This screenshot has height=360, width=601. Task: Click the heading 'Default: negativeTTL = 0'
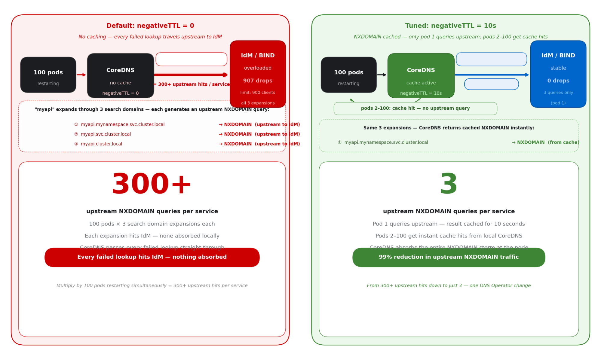pyautogui.click(x=150, y=26)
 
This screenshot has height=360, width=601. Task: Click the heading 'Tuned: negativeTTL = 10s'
pyautogui.click(x=450, y=26)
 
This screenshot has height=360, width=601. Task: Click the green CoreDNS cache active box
pyautogui.click(x=421, y=75)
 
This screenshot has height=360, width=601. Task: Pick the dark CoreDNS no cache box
pyautogui.click(x=120, y=75)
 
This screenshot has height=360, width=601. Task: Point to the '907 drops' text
pyautogui.click(x=258, y=81)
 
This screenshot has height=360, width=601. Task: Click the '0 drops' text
pyautogui.click(x=558, y=81)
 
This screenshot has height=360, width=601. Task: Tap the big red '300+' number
pyautogui.click(x=151, y=184)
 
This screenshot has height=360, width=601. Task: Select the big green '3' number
pyautogui.click(x=448, y=184)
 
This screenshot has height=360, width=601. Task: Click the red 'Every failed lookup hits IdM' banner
pyautogui.click(x=152, y=257)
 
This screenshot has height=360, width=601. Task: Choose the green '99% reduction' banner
pyautogui.click(x=449, y=257)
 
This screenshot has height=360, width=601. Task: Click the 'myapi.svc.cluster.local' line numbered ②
pyautogui.click(x=106, y=134)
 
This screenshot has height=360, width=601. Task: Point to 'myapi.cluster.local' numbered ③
pyautogui.click(x=101, y=144)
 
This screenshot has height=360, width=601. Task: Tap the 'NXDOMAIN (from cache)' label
pyautogui.click(x=545, y=142)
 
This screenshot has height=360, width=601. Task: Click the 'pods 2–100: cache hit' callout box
pyautogui.click(x=415, y=108)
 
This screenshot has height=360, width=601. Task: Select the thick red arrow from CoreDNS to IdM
pyautogui.click(x=191, y=75)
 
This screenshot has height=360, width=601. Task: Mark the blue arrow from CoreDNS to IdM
pyautogui.click(x=492, y=75)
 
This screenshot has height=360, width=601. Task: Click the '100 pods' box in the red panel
pyautogui.click(x=48, y=75)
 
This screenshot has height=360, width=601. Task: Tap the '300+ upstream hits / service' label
pyautogui.click(x=192, y=84)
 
